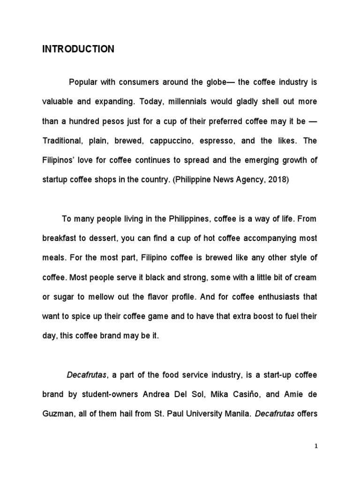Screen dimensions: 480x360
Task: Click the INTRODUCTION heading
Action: tap(78, 49)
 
